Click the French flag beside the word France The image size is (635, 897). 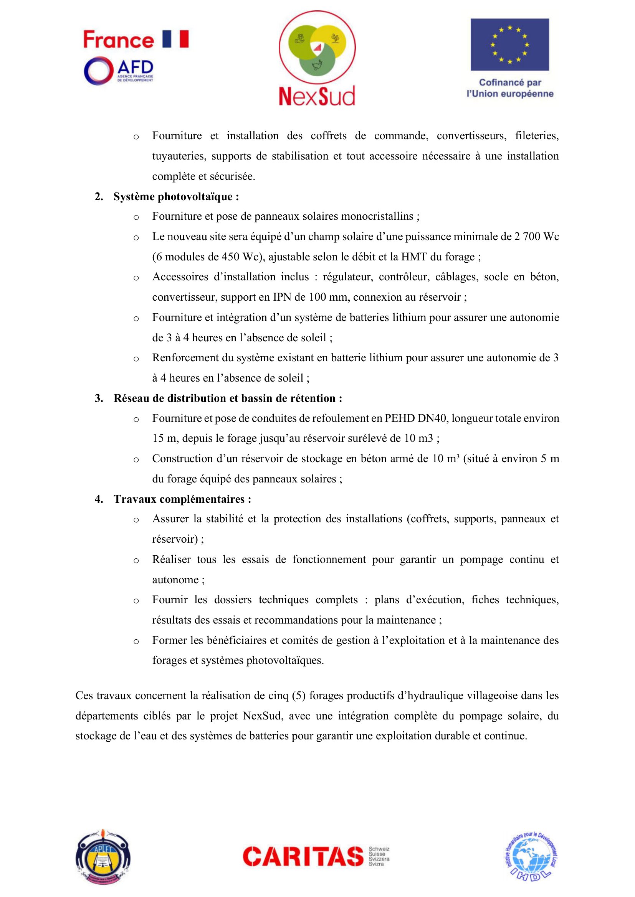175,39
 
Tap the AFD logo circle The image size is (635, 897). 99,71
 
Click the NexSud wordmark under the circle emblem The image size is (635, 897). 317,96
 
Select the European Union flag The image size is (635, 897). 509,44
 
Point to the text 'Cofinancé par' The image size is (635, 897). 510,82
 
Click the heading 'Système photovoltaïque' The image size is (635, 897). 174,196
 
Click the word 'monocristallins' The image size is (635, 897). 377,216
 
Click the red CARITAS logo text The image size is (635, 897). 303,856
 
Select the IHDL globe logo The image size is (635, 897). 530,856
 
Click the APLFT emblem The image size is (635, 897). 103,856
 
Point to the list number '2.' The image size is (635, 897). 99,196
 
